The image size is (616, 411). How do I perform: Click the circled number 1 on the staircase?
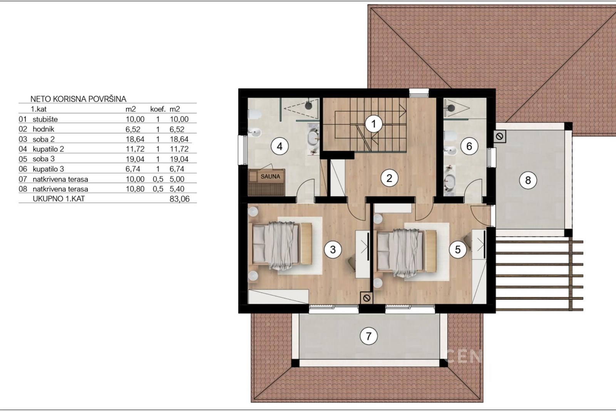[x=374, y=124]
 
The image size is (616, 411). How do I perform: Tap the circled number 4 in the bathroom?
[x=280, y=146]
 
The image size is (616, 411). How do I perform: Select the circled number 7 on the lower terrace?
[x=368, y=336]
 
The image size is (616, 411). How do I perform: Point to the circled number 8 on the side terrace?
[x=528, y=180]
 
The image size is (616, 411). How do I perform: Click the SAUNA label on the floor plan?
[x=270, y=176]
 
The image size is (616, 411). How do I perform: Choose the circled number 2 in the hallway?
[x=389, y=178]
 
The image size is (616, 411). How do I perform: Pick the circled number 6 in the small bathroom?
[x=469, y=146]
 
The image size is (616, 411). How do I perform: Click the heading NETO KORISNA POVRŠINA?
[x=79, y=99]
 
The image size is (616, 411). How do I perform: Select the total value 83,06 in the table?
[x=179, y=199]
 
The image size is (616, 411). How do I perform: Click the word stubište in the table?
[x=45, y=119]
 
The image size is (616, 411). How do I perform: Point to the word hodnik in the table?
[x=44, y=129]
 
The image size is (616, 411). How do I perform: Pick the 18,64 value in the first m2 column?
[x=135, y=139]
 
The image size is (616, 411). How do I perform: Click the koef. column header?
[x=158, y=109]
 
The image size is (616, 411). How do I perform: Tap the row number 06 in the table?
[x=23, y=169]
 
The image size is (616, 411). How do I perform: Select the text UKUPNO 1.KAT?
[x=59, y=199]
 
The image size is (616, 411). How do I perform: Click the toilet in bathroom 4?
[x=254, y=114]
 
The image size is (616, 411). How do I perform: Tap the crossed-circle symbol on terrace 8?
[x=500, y=136]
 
